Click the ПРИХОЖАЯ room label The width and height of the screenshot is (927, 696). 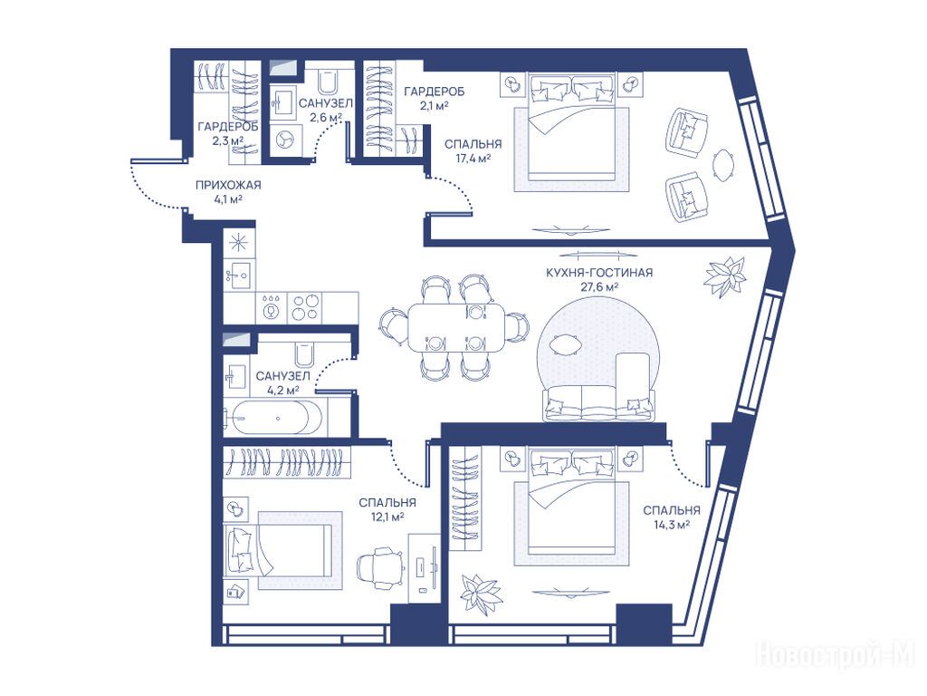click(228, 185)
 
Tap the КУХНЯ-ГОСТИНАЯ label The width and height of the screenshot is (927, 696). click(599, 273)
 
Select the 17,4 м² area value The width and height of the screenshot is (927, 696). click(473, 159)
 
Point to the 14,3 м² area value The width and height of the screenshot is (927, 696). click(672, 525)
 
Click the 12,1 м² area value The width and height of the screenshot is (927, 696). click(387, 517)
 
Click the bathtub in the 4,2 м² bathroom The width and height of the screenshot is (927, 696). click(271, 418)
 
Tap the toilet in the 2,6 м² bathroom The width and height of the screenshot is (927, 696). click(327, 82)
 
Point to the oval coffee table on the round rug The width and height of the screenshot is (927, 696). click(565, 343)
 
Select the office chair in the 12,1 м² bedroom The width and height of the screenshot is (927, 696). click(381, 566)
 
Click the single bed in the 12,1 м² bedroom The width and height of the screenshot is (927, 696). click(278, 549)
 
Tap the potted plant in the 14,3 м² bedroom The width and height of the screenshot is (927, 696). click(481, 592)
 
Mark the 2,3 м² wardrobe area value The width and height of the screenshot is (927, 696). click(228, 140)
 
